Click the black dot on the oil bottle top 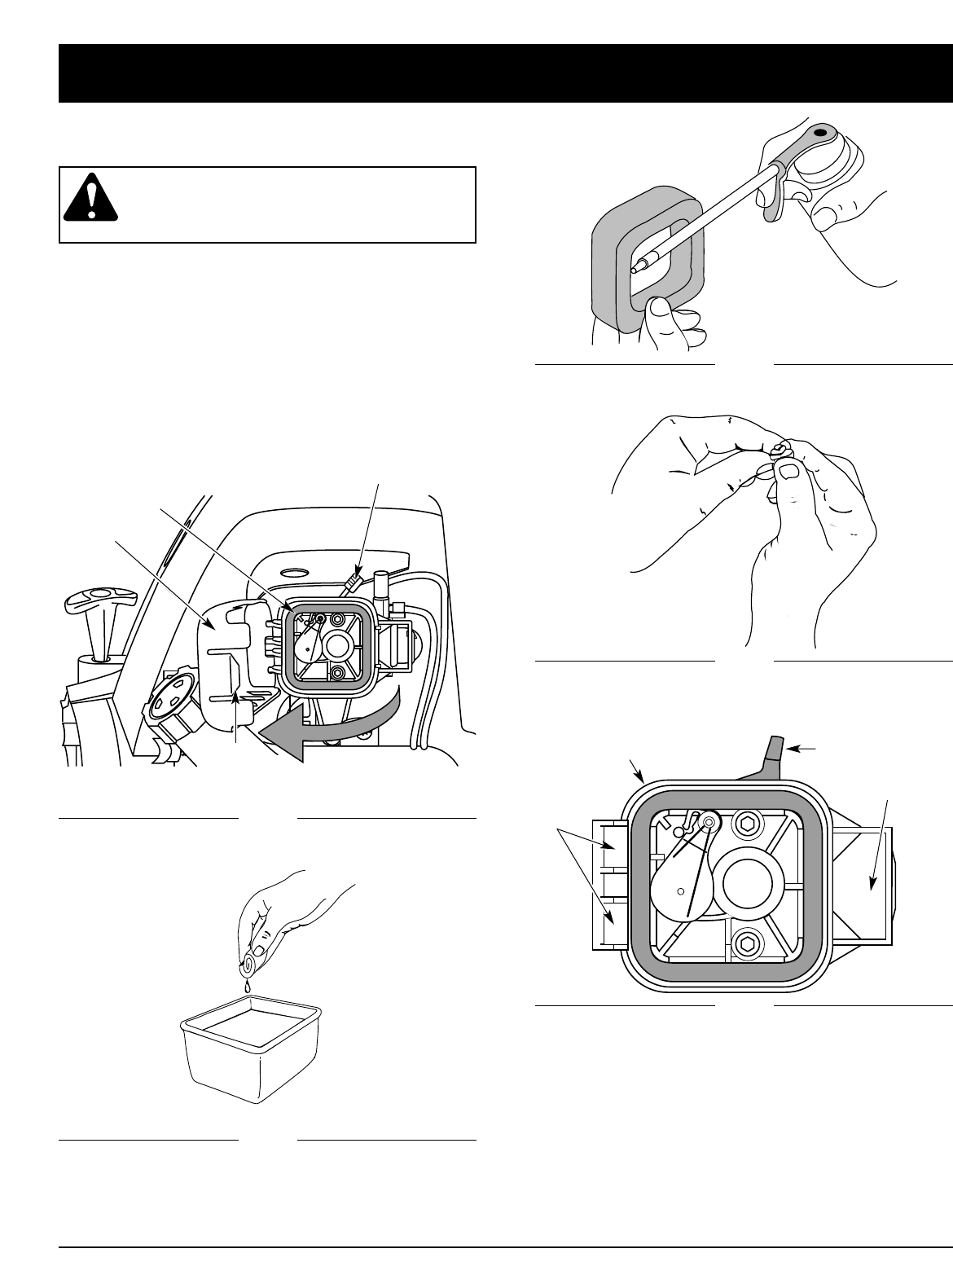819,130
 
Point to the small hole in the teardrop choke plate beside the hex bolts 680,891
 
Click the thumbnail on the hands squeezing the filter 788,471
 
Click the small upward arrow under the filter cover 237,709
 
